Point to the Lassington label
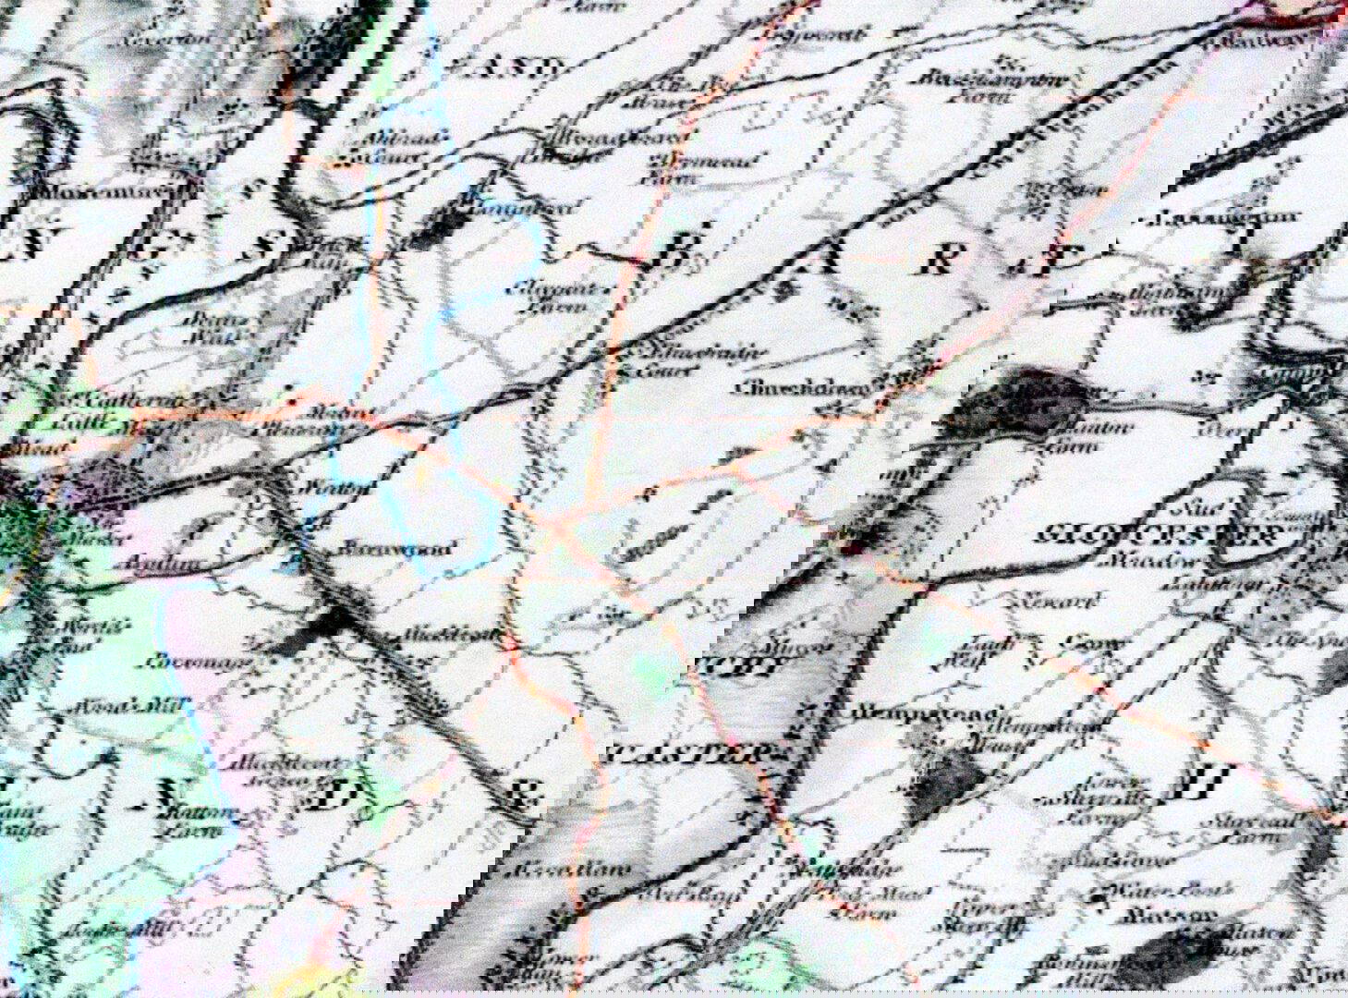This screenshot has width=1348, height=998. pyautogui.click(x=1220, y=220)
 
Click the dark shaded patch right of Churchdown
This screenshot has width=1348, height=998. pyautogui.click(x=1035, y=402)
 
